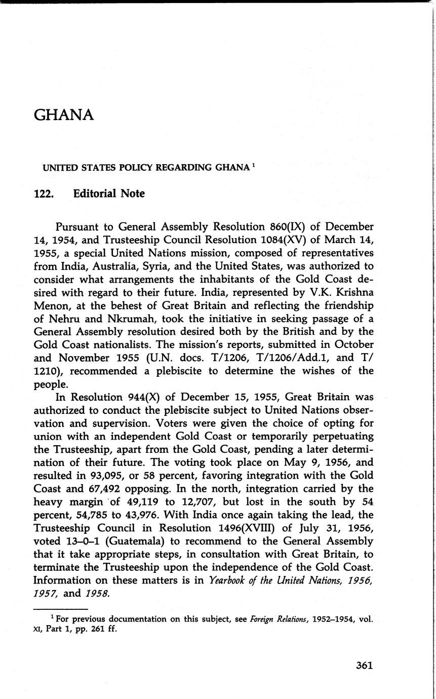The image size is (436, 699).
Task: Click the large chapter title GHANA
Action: [x=64, y=115]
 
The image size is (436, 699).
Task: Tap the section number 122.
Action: [x=43, y=194]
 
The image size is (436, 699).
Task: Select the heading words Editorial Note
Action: [x=108, y=194]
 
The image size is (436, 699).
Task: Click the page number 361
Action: [x=364, y=665]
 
